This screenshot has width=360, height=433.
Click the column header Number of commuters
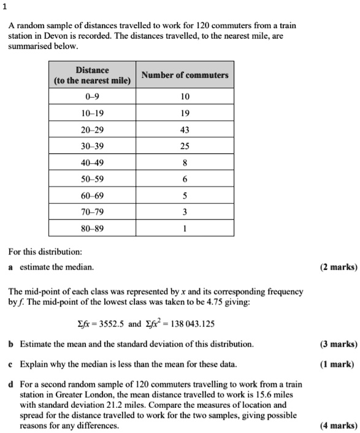click(x=185, y=75)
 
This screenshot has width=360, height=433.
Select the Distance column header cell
click(x=92, y=75)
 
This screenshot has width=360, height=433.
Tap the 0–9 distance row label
click(x=92, y=97)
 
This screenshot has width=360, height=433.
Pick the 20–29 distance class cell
click(x=92, y=130)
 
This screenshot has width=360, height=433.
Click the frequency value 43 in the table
click(x=185, y=130)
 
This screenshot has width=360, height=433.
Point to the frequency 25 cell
click(x=185, y=147)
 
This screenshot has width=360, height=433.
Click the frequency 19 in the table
click(x=185, y=113)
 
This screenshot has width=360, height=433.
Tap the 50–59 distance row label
click(x=92, y=180)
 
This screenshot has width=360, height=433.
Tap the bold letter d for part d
click(x=11, y=384)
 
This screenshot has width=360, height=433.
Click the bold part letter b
click(x=11, y=344)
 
